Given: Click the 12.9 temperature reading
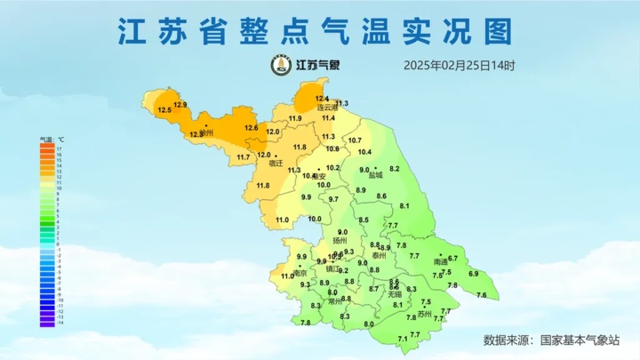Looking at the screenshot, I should coord(180,105).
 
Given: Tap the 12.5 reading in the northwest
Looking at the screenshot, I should coord(164,110).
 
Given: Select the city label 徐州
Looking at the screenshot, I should coord(207,133).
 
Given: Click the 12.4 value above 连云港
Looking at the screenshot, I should coord(322,98).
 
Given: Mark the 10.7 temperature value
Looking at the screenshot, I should coord(355,140).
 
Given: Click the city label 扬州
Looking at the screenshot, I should coord(340,241).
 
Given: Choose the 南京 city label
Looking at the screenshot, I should coord(300,273).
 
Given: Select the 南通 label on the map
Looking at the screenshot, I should coord(441,262).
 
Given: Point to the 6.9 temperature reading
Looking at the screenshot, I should coord(473,274).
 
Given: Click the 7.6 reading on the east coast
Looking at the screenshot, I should coord(482,295).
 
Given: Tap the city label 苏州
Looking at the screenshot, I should coord(424,314).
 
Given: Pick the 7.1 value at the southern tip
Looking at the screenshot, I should coord(403,339).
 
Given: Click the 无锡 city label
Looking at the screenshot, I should coord(395,293).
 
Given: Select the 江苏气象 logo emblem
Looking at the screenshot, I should coord(281,65).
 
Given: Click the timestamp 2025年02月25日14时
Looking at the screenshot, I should coord(459,65).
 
